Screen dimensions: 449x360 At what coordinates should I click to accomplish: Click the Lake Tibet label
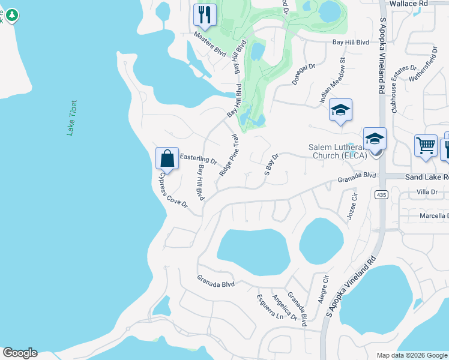[73, 118]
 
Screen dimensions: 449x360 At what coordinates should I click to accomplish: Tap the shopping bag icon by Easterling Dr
[167, 158]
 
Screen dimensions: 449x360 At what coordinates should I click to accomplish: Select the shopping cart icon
[426, 145]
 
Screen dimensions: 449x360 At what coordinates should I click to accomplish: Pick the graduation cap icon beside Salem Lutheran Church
[375, 139]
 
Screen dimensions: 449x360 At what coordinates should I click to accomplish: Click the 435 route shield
[381, 194]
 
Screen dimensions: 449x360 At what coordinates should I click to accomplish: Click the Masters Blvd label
[209, 44]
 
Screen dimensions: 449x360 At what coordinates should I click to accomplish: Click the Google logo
[20, 353]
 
